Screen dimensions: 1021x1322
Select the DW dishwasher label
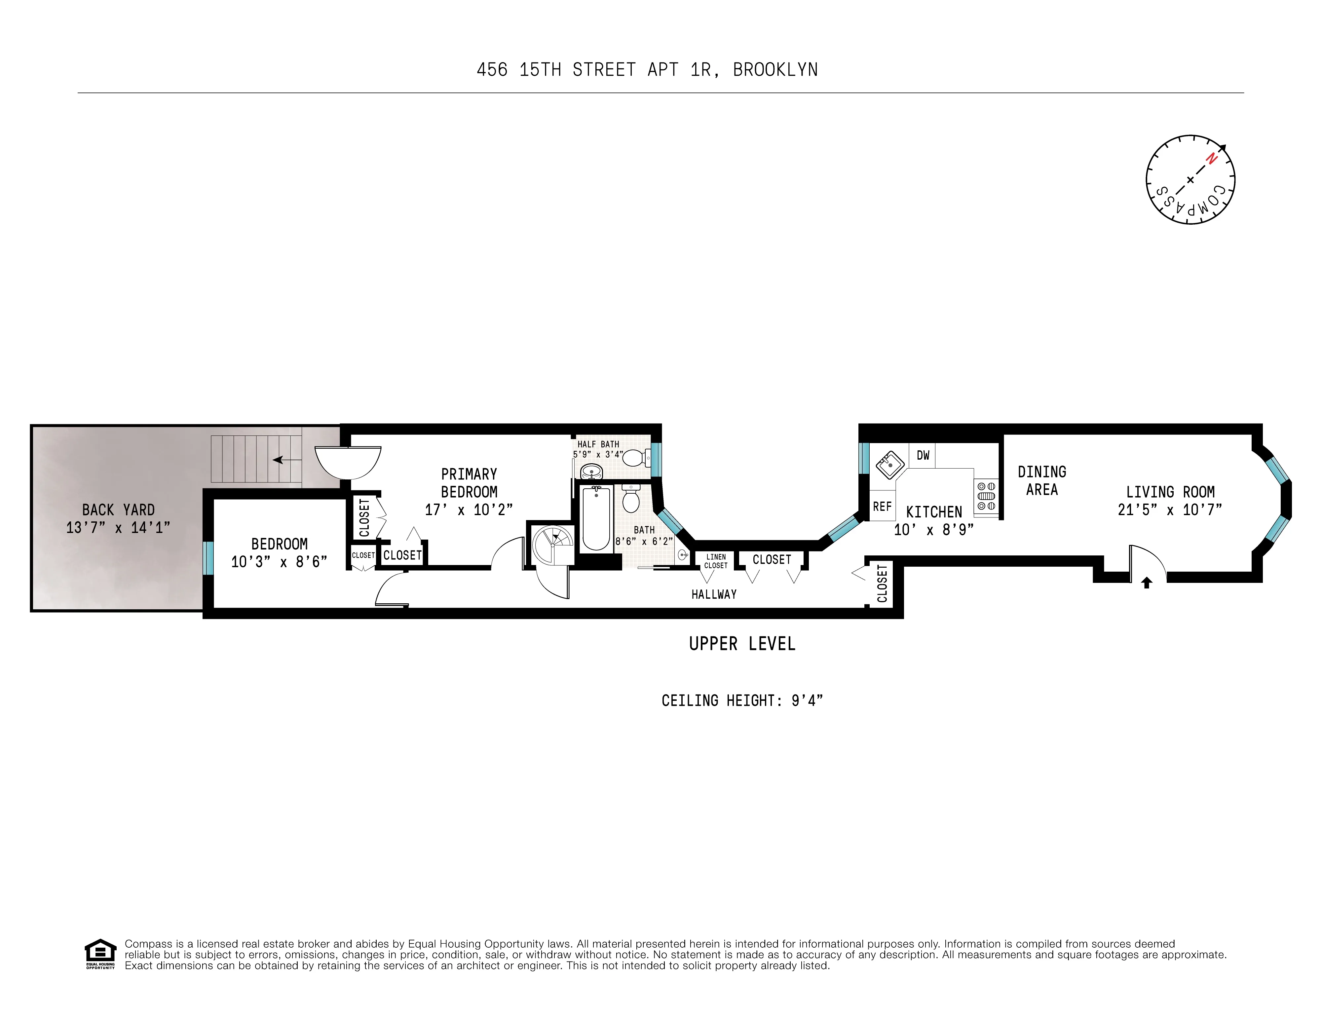click(x=923, y=455)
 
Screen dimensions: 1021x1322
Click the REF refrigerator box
click(x=882, y=507)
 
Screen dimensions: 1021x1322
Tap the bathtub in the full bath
click(x=596, y=519)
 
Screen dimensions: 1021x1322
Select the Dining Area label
click(x=1042, y=480)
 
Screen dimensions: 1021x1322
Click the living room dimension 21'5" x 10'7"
click(x=1169, y=510)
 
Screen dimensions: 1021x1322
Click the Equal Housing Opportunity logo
click(x=100, y=953)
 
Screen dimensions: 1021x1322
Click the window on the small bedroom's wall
click(x=208, y=557)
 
